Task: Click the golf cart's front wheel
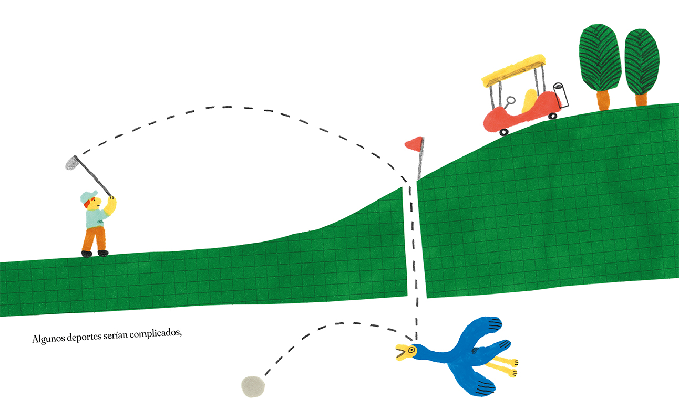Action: click(x=503, y=131)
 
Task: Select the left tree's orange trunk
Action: click(x=603, y=99)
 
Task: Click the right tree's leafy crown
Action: click(x=642, y=60)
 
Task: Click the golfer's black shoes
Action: click(x=95, y=253)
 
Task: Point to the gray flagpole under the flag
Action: click(x=420, y=163)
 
